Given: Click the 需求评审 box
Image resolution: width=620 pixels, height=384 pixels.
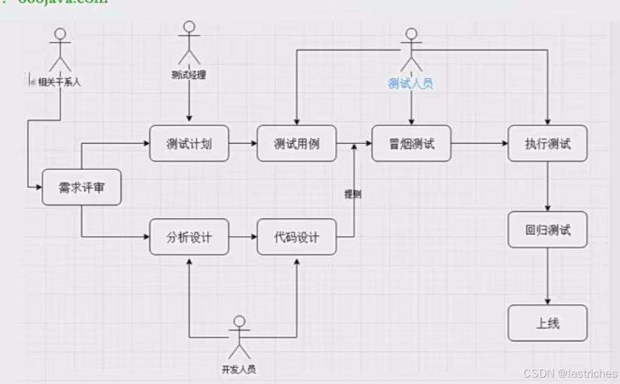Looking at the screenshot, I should pos(82,187).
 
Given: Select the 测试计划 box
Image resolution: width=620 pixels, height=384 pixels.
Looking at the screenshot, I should pos(189,144).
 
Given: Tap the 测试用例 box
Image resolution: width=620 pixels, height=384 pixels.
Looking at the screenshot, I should pos(297,144).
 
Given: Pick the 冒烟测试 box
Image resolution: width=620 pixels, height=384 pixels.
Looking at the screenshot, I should pos(411,144).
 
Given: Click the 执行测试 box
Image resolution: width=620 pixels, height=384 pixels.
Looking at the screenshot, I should pos(547,144).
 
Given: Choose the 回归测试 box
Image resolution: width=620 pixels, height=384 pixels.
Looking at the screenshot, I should pos(547,230).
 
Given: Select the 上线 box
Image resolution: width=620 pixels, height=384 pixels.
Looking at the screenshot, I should pos(547,323).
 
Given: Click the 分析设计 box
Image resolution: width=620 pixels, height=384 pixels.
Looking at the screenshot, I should pos(189,237).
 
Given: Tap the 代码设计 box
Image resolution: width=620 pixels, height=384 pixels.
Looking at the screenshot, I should pos(297,237).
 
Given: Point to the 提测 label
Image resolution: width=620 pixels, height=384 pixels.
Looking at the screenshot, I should pos(352,194).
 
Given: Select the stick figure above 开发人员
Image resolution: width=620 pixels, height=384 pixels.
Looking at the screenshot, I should pos(240,337).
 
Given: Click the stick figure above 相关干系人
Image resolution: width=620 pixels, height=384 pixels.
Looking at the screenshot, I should pos(61,49).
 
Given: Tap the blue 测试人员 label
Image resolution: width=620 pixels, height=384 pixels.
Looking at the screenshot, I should pos(410,84).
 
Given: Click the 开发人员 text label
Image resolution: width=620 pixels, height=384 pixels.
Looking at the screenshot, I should pos(239,369).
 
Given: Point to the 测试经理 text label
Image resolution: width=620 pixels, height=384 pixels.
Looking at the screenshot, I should pos(189,75).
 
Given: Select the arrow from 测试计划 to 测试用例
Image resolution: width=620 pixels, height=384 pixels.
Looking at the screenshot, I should pos(242,144).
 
